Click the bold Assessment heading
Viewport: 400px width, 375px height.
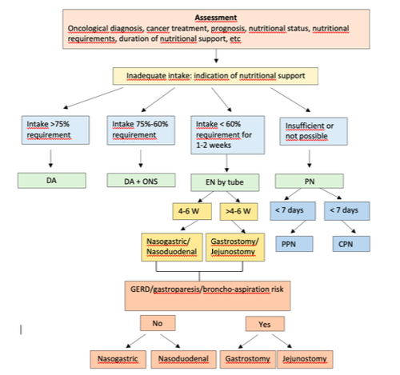(x=216, y=18)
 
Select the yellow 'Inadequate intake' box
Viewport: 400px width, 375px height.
(x=215, y=76)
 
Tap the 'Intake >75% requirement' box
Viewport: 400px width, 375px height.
(x=55, y=130)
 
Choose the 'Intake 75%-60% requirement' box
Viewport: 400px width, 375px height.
(x=141, y=130)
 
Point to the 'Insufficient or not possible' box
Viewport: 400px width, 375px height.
(x=314, y=131)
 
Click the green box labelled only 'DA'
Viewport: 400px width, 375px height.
(x=52, y=181)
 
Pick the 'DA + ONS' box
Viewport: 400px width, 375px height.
(x=141, y=181)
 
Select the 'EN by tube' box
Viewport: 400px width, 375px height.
(x=225, y=182)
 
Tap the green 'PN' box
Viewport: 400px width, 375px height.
(x=310, y=182)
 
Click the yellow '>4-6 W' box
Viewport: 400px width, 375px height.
(x=238, y=211)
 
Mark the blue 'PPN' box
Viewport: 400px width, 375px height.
(x=294, y=244)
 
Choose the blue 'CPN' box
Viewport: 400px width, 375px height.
(x=351, y=244)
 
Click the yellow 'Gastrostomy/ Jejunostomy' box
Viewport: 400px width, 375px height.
(x=235, y=247)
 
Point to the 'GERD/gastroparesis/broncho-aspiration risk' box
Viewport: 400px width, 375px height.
(x=207, y=296)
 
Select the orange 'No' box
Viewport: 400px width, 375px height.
(x=158, y=323)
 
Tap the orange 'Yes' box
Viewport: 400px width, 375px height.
(x=265, y=324)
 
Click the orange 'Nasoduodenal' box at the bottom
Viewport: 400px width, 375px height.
(x=183, y=359)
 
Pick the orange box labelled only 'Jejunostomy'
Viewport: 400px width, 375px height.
(x=305, y=359)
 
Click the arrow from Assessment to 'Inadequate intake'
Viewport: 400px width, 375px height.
(x=216, y=56)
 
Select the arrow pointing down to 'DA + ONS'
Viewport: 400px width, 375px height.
(x=141, y=158)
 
